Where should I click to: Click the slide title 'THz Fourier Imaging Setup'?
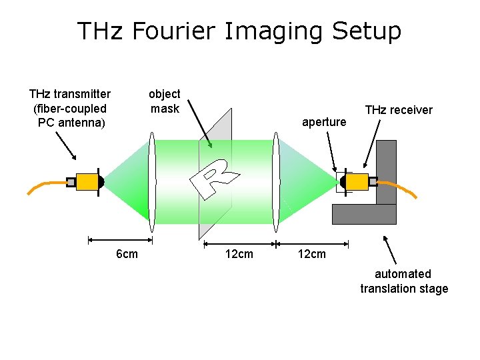pyautogui.click(x=239, y=31)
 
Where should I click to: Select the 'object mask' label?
pyautogui.click(x=164, y=101)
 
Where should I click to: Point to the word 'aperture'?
pyautogui.click(x=324, y=122)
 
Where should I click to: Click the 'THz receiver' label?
pyautogui.click(x=399, y=110)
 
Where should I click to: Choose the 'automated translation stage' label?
pyautogui.click(x=403, y=281)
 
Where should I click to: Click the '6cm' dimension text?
pyautogui.click(x=127, y=254)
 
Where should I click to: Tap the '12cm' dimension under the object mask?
pyautogui.click(x=239, y=254)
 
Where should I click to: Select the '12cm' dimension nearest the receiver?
pyautogui.click(x=312, y=254)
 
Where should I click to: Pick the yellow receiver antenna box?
pyautogui.click(x=357, y=181)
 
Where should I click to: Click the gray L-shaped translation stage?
pyautogui.click(x=385, y=200)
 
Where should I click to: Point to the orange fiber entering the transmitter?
pyautogui.click(x=44, y=185)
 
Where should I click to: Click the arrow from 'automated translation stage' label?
pyautogui.click(x=392, y=250)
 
